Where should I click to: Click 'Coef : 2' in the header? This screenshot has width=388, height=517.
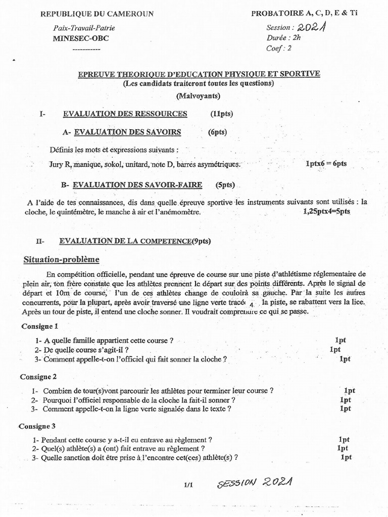[279, 48]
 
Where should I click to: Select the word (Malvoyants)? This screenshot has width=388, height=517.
[198, 96]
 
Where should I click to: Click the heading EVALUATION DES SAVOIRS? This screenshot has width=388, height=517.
[127, 132]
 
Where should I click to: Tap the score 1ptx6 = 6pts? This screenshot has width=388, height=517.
[326, 164]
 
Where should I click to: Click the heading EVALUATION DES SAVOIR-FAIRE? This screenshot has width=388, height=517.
[137, 185]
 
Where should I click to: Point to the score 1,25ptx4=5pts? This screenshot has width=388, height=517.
[326, 212]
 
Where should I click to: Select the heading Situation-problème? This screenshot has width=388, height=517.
[62, 260]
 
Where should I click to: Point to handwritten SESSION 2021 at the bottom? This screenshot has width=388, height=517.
[255, 485]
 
